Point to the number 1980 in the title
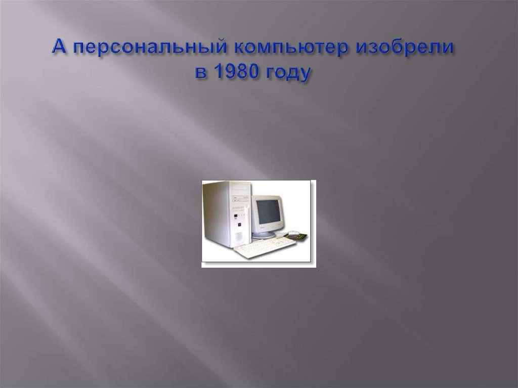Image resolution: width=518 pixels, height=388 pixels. (234, 72)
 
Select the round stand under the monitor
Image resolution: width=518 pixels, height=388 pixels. (264, 235)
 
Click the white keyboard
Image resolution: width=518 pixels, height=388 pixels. (265, 247)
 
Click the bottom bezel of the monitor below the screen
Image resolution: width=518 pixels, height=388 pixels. (267, 227)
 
